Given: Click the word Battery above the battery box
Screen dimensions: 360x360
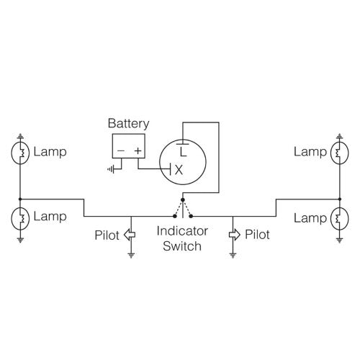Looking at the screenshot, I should coord(129,123).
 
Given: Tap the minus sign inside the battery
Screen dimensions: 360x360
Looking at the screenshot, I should coord(120,151).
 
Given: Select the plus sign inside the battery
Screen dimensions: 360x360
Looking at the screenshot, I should coord(138,151).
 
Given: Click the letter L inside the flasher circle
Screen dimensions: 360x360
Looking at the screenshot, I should coord(183,152).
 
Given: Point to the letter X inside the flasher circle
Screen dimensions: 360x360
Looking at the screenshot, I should coord(179,170).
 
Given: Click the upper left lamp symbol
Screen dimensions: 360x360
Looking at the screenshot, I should coord(20,153).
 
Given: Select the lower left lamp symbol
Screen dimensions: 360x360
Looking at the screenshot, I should coord(20,217).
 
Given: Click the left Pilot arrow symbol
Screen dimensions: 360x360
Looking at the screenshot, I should coord(130,234).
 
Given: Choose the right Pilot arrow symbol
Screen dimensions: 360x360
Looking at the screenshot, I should coord(233,234).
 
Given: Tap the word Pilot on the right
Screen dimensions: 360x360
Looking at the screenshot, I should coord(257,235).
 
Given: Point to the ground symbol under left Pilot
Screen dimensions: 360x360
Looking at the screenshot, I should coord(130,255).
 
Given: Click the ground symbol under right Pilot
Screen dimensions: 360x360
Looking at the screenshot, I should coord(233,255).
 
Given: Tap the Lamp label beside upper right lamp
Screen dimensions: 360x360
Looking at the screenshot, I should coord(310,153).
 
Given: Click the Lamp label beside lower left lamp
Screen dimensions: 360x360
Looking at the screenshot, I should coord(50,216).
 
